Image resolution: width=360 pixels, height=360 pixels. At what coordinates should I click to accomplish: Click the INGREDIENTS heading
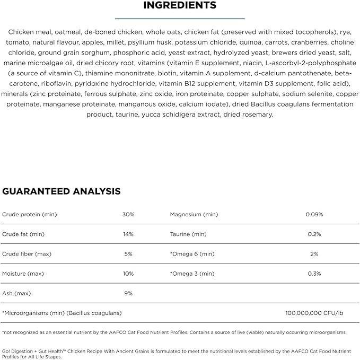(180, 6)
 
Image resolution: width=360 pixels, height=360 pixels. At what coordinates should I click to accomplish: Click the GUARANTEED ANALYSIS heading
(62, 191)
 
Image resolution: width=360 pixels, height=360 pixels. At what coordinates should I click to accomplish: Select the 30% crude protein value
(128, 215)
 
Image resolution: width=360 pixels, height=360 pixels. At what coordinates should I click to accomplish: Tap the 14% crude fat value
(128, 234)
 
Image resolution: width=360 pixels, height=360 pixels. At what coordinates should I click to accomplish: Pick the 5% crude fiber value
(128, 254)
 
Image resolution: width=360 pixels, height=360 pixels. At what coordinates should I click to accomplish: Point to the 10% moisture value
(128, 274)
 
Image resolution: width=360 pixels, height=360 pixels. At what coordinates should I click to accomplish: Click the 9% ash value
(128, 293)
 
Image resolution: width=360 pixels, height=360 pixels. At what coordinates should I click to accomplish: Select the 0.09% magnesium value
(314, 215)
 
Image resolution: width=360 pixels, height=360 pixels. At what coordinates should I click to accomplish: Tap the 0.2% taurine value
(314, 234)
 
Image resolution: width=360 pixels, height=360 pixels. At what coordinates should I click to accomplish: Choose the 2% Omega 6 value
(314, 254)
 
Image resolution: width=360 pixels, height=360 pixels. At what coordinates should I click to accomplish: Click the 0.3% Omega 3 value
(314, 274)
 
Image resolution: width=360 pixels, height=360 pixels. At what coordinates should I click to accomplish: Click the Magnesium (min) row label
(194, 215)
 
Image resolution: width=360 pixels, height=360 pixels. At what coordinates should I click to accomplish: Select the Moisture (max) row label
(25, 274)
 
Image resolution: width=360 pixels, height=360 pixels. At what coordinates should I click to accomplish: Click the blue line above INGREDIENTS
(180, 17)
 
